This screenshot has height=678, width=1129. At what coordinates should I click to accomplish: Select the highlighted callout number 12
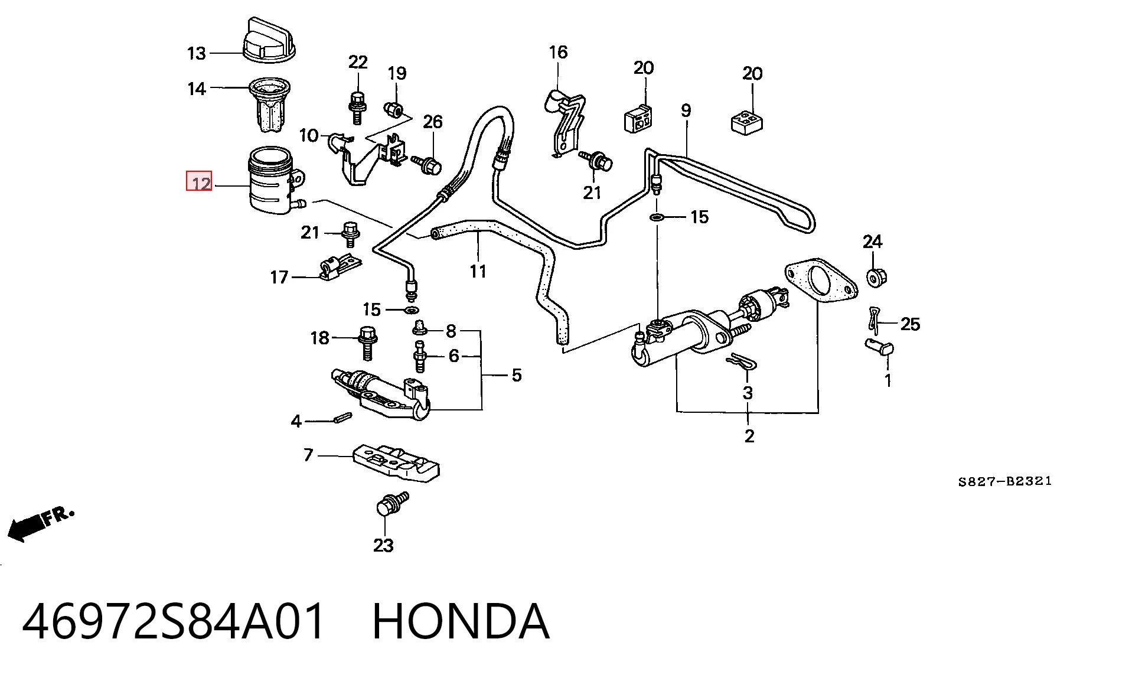(x=199, y=181)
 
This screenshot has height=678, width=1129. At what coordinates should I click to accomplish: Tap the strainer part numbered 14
(x=269, y=105)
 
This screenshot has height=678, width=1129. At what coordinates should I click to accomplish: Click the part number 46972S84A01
(x=174, y=622)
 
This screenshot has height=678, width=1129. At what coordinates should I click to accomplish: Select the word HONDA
(x=461, y=622)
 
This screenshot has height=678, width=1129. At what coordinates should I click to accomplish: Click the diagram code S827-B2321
(x=1004, y=481)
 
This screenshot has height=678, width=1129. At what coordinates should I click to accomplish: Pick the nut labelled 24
(x=876, y=277)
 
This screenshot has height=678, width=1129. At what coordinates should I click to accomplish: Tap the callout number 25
(x=910, y=324)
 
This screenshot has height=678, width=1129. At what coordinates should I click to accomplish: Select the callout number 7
(x=308, y=455)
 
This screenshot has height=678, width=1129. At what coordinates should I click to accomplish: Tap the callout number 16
(x=558, y=53)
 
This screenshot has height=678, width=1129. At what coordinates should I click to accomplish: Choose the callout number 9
(x=686, y=110)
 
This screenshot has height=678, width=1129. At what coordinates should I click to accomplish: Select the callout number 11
(x=478, y=272)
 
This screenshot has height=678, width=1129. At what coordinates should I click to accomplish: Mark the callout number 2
(x=749, y=436)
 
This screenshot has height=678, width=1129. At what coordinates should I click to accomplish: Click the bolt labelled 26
(x=428, y=164)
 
